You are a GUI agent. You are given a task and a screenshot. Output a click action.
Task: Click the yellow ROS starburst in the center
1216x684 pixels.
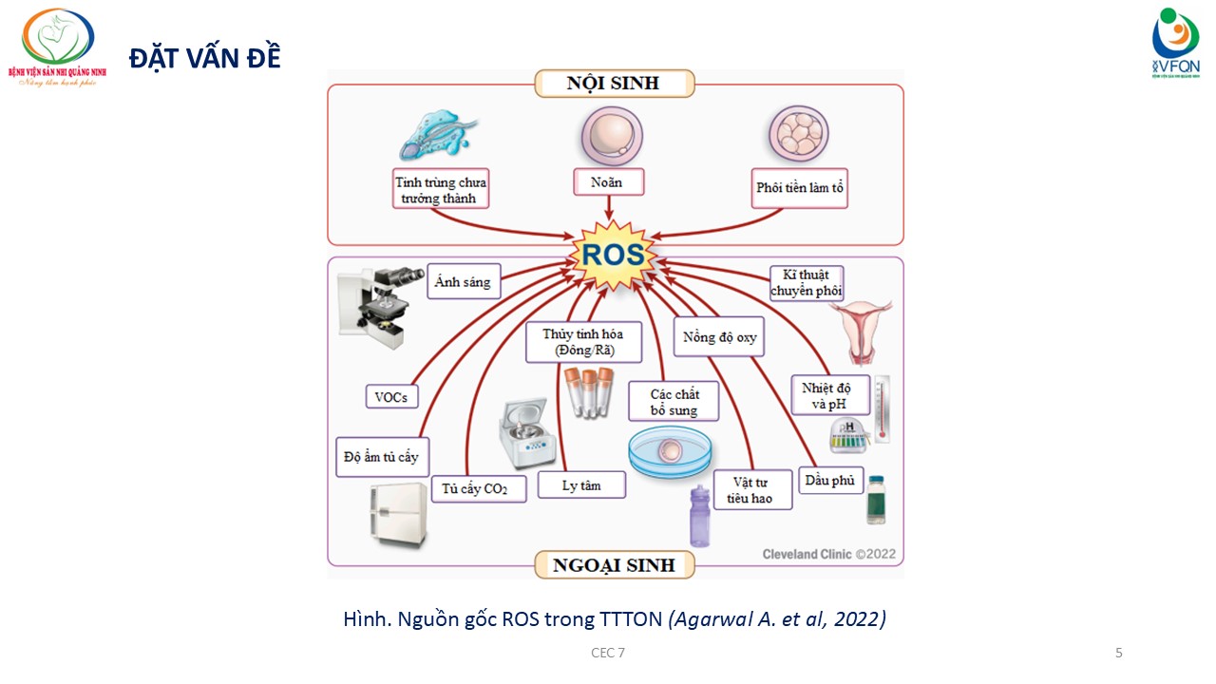613,255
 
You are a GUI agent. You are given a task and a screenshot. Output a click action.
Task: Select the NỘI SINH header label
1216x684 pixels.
613,84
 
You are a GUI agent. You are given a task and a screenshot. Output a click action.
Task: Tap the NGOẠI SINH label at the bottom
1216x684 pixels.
614,565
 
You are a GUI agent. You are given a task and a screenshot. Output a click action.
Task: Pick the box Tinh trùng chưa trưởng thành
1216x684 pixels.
441,190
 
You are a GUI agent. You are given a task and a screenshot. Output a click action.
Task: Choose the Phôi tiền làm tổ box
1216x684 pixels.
800,188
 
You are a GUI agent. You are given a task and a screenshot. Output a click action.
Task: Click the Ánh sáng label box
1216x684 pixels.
464,281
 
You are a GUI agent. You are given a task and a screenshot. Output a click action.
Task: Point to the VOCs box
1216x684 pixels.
391,397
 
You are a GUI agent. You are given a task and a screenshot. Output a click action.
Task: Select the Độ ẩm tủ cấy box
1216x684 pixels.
381,457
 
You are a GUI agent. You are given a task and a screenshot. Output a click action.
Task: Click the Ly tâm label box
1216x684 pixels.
581,484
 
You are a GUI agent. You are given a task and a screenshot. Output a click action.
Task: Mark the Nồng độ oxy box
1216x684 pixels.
719,337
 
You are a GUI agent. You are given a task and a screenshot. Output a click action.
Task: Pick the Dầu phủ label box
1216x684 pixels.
829,481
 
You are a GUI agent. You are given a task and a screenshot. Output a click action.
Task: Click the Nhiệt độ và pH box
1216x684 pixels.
826,395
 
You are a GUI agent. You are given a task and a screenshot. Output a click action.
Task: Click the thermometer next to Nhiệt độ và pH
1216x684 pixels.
882,408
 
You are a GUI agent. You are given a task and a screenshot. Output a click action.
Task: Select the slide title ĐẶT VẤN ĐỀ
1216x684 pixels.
204,57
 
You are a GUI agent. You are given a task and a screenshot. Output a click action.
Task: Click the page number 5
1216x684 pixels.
1118,653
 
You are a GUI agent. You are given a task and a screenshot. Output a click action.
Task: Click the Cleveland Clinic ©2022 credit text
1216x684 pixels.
828,554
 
